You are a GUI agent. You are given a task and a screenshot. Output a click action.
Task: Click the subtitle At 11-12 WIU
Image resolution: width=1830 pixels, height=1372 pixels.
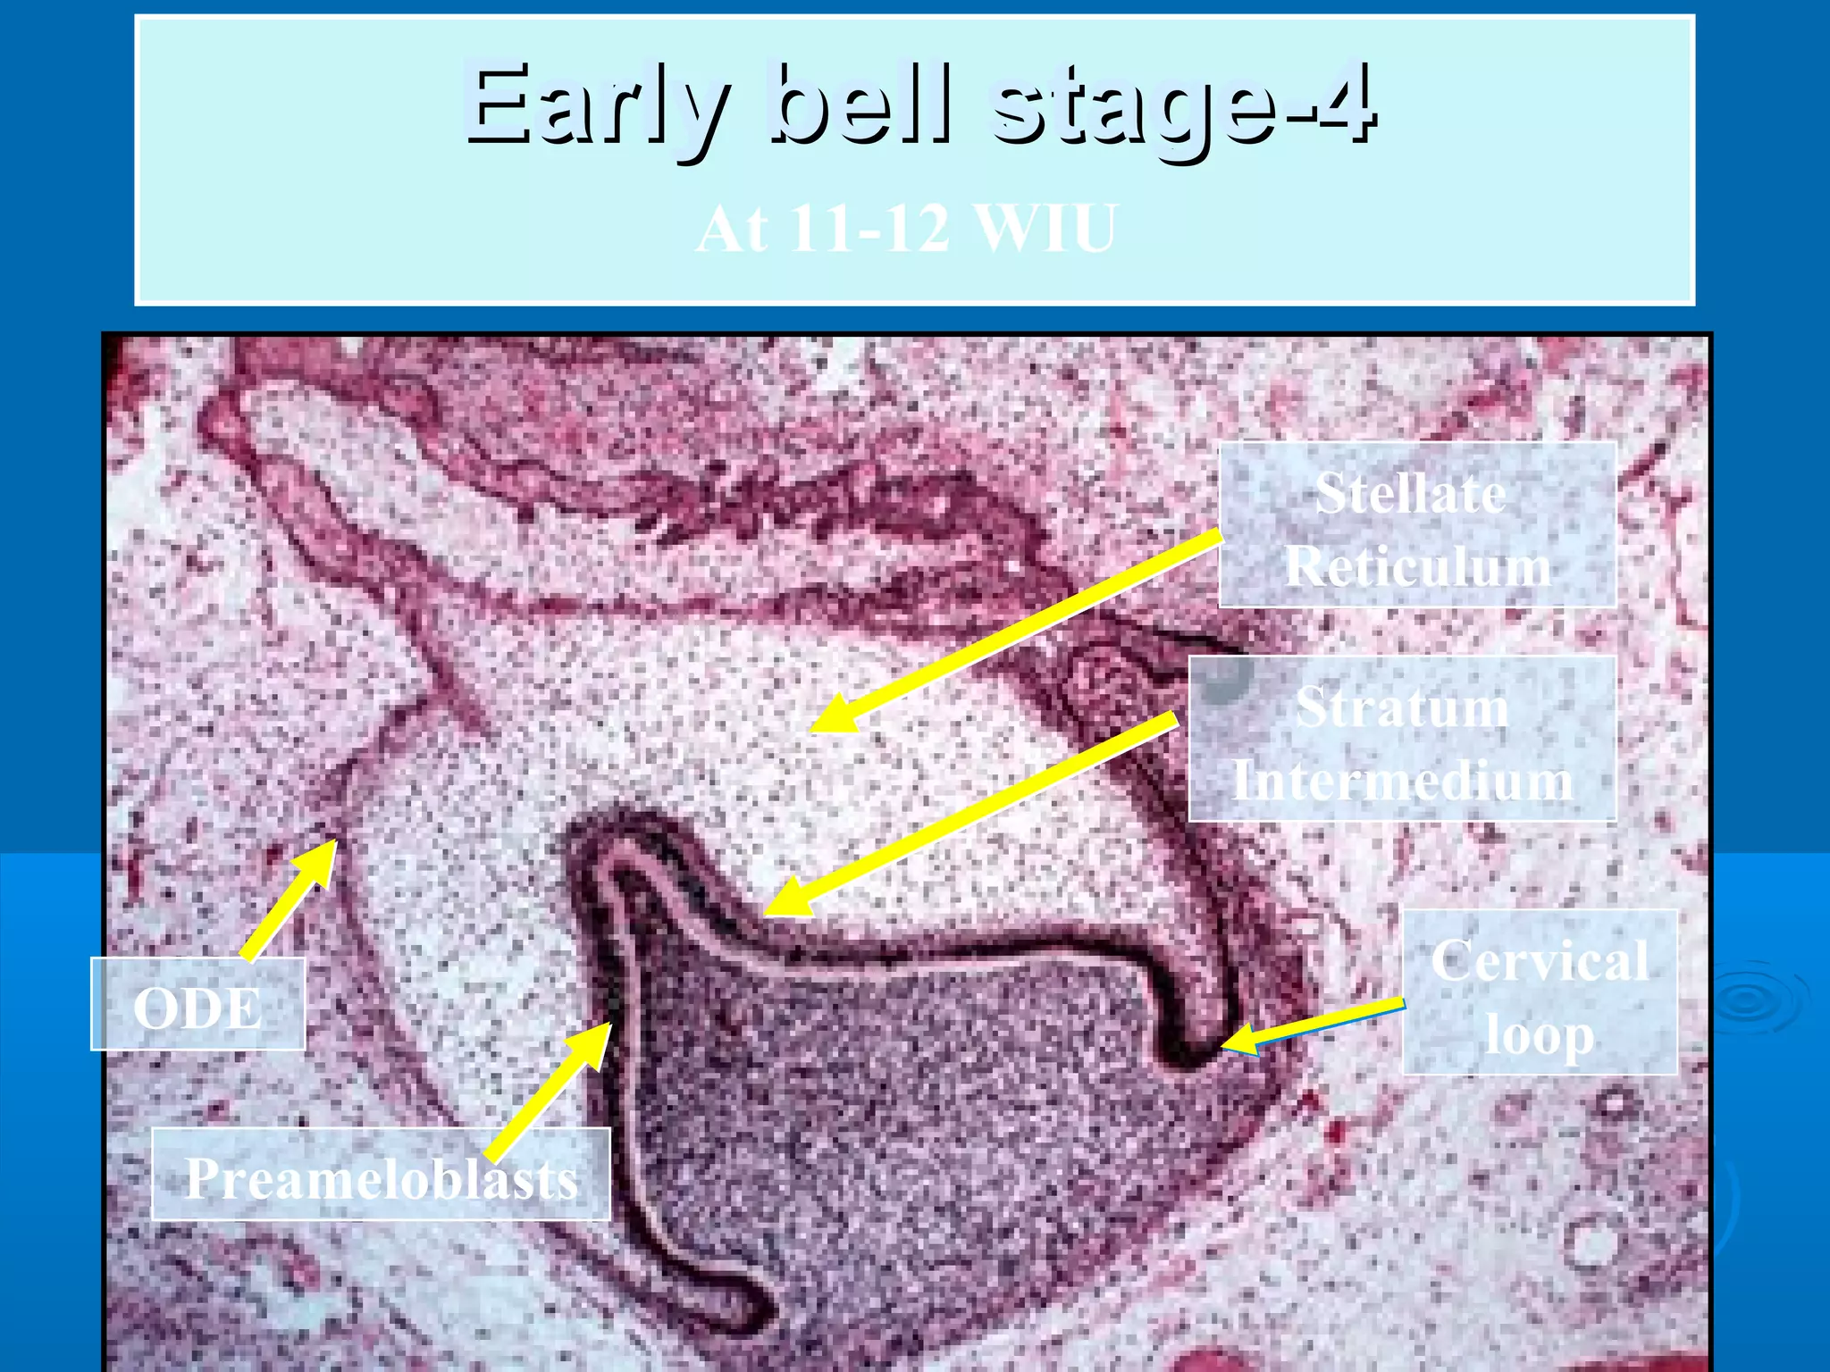click(x=906, y=229)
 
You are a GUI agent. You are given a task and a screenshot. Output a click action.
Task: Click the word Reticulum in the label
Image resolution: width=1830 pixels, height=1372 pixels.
click(x=1417, y=566)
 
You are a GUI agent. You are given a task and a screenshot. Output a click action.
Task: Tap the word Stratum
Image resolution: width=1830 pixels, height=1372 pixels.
click(x=1402, y=707)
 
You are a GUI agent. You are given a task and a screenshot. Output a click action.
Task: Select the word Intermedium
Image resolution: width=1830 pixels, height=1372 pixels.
click(x=1402, y=781)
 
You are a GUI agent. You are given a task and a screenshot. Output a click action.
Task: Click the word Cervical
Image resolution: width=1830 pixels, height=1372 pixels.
click(x=1540, y=961)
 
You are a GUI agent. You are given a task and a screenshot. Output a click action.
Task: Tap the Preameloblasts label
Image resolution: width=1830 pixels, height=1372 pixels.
click(x=382, y=1176)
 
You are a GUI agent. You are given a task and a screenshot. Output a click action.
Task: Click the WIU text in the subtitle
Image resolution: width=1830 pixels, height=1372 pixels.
click(x=1045, y=229)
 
